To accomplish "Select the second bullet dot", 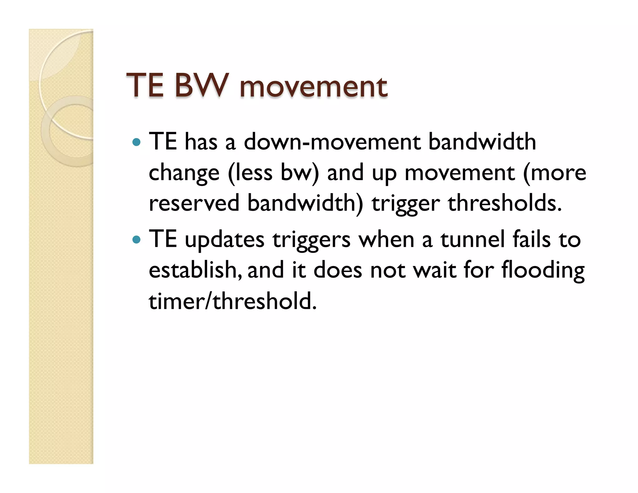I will [136, 240].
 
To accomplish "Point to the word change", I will [184, 173].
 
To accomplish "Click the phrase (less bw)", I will [274, 173].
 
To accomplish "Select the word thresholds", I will [505, 203].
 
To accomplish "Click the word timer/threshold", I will [232, 301].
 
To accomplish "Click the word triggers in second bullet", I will [311, 240].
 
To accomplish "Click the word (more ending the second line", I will [555, 173].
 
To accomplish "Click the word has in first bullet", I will [201, 142].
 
